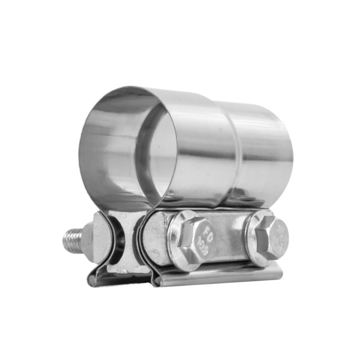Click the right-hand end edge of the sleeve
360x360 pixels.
[291, 153]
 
